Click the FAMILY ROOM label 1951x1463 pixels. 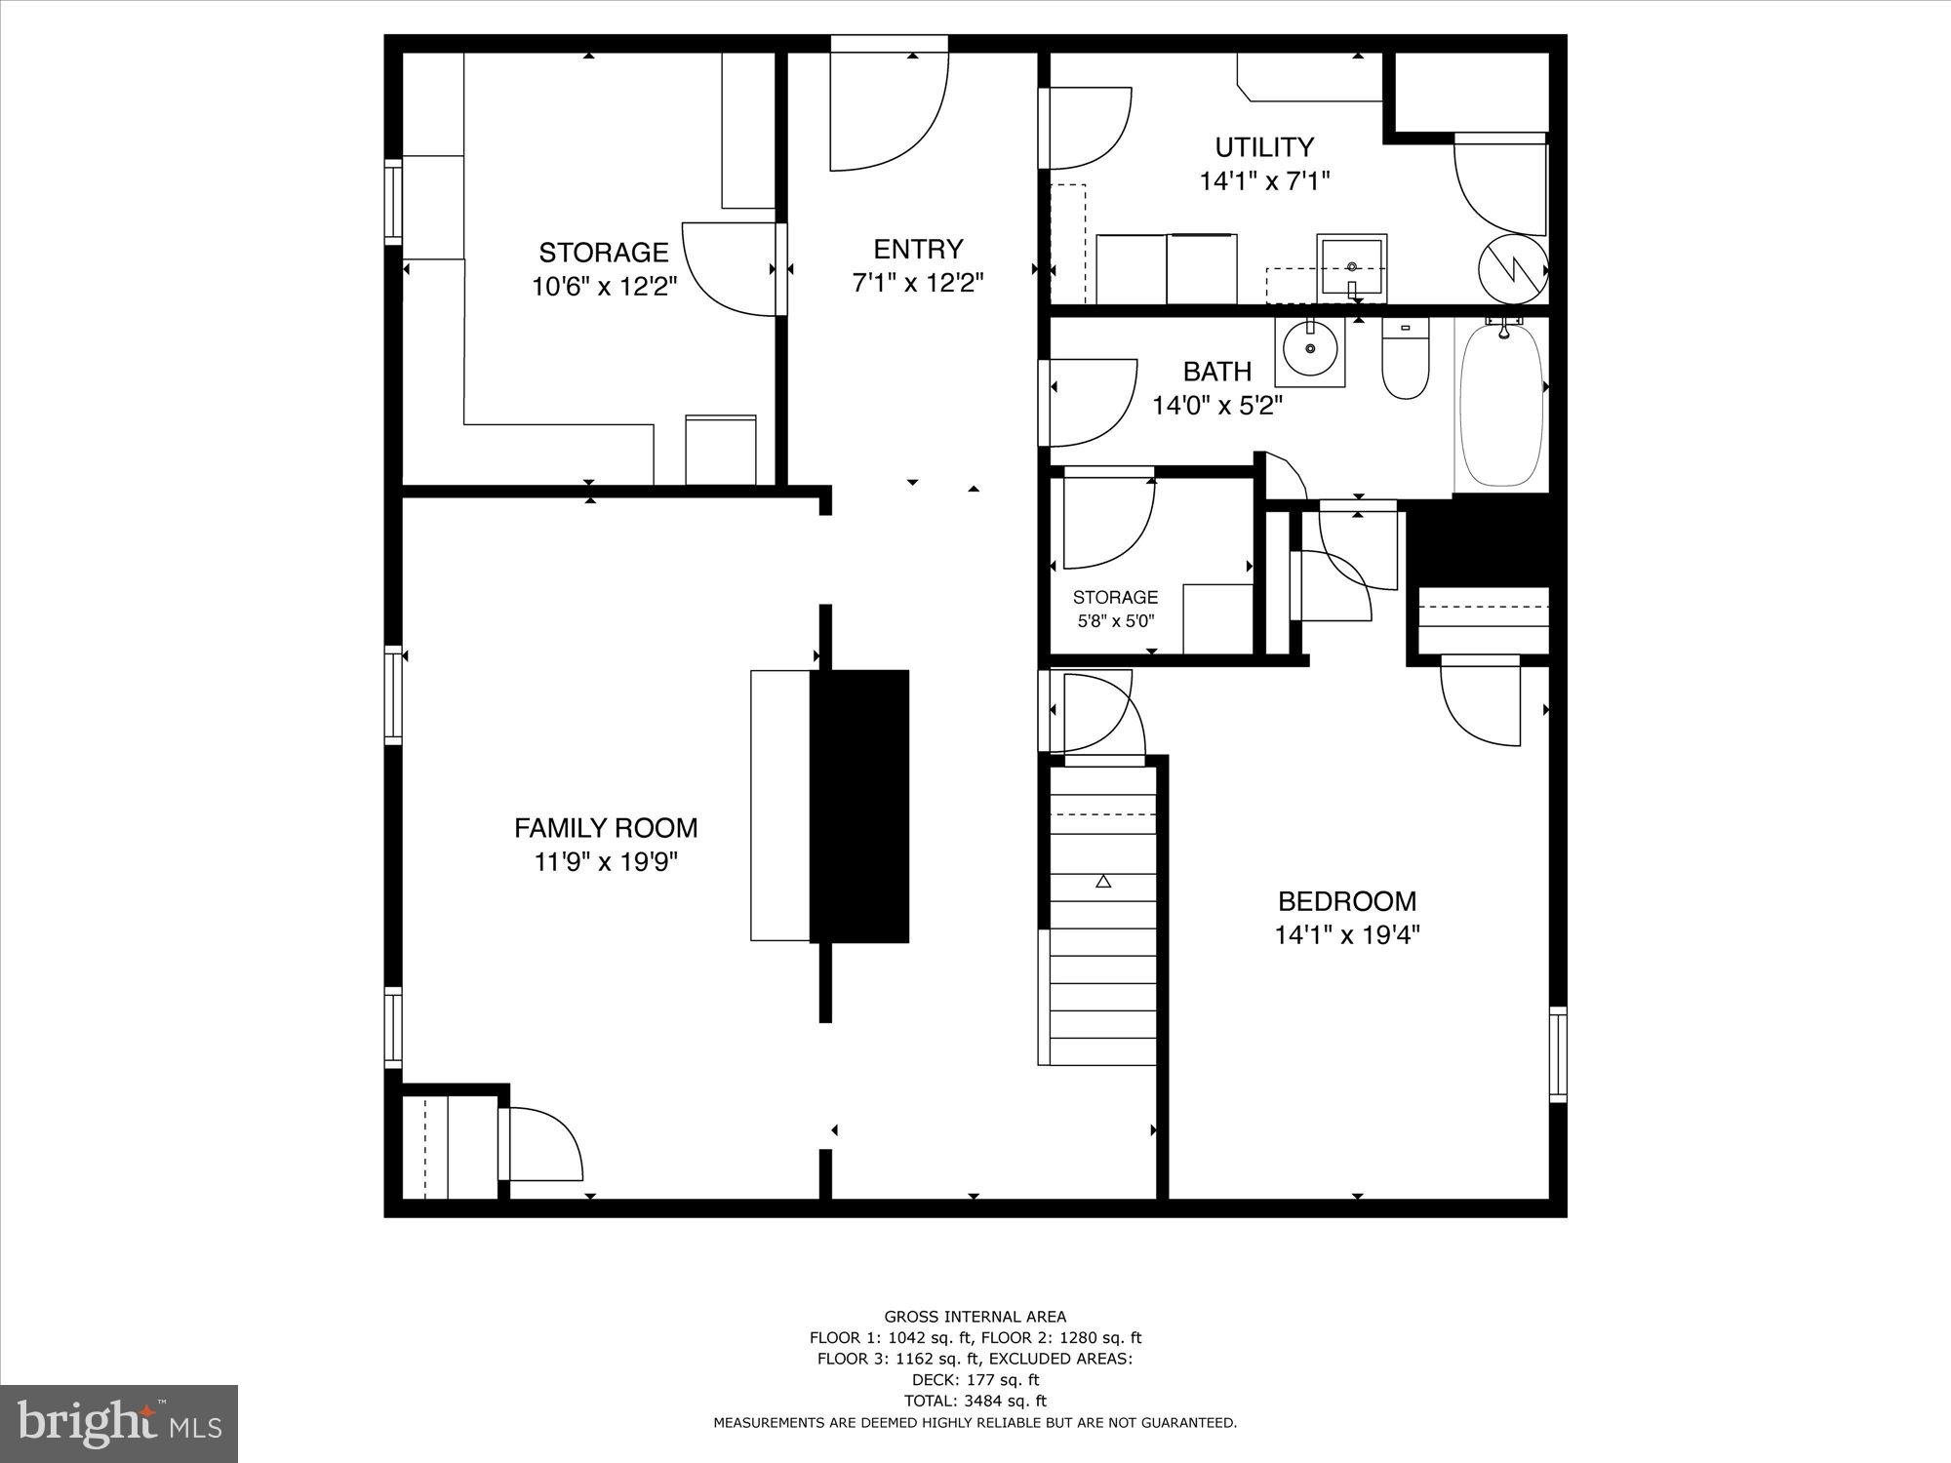click(606, 828)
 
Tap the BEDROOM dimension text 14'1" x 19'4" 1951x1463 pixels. click(1346, 935)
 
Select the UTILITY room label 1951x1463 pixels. click(1264, 147)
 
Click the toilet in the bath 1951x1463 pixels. click(1405, 362)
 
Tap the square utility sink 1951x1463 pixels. click(1352, 266)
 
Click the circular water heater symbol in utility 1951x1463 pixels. click(1512, 269)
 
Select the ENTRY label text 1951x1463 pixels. click(918, 249)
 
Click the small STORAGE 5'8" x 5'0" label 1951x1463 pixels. click(1115, 608)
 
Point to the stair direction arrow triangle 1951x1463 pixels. click(1103, 882)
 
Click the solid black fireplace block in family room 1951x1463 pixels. click(859, 806)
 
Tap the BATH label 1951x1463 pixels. click(1216, 372)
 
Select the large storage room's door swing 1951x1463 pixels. click(727, 268)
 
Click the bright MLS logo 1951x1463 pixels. click(118, 1423)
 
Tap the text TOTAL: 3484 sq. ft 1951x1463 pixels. click(975, 1401)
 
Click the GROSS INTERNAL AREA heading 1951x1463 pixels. click(975, 1317)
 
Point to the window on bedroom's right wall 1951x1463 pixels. click(1558, 1054)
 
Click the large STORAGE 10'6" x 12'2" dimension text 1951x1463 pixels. click(604, 287)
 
